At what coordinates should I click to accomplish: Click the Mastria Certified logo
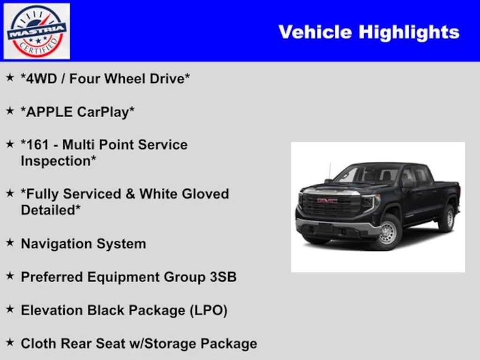click(x=37, y=31)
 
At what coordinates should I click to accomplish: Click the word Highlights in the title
click(x=409, y=32)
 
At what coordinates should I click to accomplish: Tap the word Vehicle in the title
click(x=315, y=32)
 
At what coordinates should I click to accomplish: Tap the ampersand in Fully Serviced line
click(x=130, y=194)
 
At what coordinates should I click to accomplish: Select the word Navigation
click(x=57, y=244)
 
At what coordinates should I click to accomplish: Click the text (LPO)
click(x=209, y=310)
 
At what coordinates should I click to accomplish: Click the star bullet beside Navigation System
click(x=10, y=243)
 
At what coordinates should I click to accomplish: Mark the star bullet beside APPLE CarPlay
click(x=10, y=111)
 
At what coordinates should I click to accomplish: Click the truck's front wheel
click(x=388, y=232)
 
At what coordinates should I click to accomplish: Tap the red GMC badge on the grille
click(x=327, y=201)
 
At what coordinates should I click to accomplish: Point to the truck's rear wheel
click(x=447, y=217)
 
